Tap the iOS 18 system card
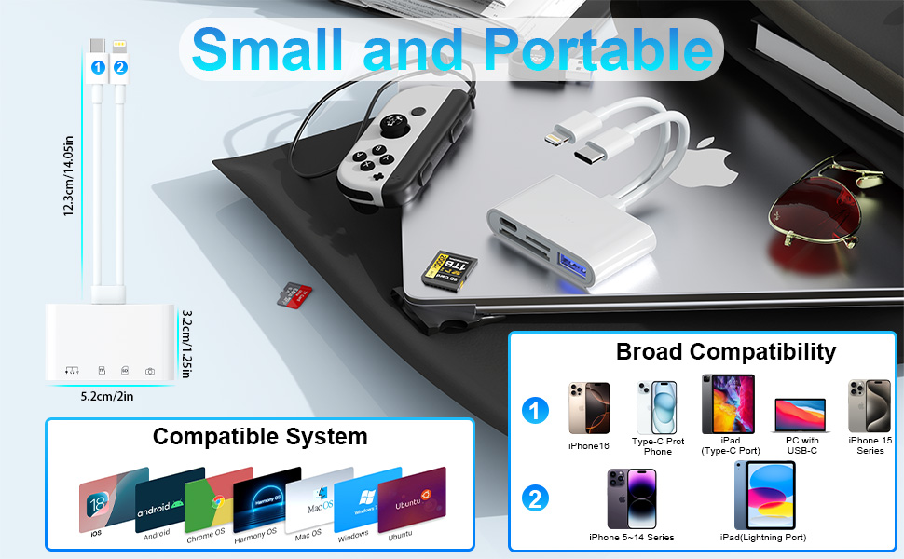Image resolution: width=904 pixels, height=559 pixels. tap(106, 502)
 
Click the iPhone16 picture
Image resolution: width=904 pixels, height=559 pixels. tap(589, 408)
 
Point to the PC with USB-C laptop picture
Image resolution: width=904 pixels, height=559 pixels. tap(800, 415)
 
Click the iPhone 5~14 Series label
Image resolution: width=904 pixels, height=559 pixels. tap(632, 538)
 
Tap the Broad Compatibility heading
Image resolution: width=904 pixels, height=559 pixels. tap(726, 351)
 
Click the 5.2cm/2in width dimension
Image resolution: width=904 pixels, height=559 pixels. tap(107, 395)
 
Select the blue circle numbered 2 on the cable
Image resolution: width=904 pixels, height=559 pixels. tap(119, 67)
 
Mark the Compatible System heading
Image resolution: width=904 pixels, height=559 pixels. tap(260, 436)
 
